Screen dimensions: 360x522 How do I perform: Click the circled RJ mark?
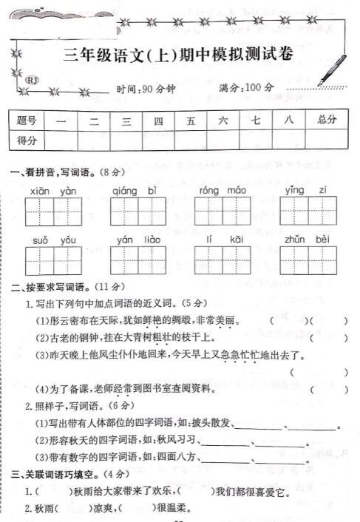pyautogui.click(x=33, y=80)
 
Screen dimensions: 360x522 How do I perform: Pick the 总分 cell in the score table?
pyautogui.click(x=326, y=119)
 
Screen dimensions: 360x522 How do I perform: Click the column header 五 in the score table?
pyautogui.click(x=191, y=119)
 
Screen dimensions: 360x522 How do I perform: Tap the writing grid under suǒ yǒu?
pyautogui.click(x=53, y=261)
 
